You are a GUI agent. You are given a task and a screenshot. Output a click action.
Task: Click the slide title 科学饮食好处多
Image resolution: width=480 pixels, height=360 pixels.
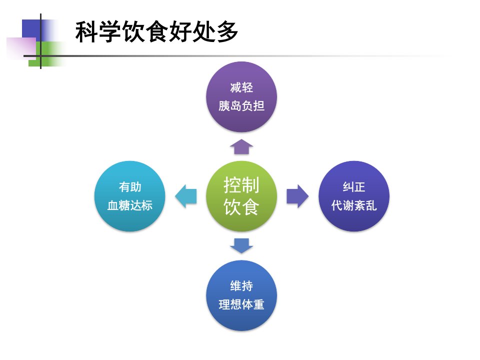pos(156,31)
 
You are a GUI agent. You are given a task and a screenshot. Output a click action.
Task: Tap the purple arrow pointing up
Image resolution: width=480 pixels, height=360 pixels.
pos(241,146)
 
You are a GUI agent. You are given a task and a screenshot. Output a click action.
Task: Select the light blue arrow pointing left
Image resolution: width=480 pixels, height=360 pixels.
pos(185,196)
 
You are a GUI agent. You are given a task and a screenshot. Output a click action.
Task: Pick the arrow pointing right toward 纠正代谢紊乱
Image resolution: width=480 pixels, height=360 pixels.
pos(297,196)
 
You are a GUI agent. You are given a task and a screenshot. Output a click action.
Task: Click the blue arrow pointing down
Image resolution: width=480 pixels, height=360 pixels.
pos(241,246)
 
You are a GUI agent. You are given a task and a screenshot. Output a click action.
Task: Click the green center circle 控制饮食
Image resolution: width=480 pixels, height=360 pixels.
pos(241,196)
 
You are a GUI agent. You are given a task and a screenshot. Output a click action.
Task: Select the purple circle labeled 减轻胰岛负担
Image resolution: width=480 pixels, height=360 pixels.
pos(241,96)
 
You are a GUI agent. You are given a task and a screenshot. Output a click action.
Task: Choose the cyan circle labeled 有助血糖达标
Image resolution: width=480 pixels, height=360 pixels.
pos(130,196)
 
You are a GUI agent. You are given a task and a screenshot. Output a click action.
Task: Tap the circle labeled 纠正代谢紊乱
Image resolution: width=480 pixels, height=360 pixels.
pos(354,196)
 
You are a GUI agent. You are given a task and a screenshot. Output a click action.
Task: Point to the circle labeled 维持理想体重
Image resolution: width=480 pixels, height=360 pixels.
pos(241,295)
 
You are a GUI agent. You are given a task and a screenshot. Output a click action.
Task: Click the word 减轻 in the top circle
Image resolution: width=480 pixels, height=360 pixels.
pos(241,87)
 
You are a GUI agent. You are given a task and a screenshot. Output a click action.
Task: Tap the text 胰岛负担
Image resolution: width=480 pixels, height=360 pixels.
pos(241,106)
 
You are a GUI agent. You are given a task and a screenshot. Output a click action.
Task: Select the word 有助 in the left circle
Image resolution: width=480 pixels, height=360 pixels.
pos(130,186)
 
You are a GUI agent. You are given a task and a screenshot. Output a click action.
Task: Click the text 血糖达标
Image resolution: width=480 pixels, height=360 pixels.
pos(130,205)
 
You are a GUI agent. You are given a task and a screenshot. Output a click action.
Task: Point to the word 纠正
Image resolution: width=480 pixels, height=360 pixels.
pos(354,186)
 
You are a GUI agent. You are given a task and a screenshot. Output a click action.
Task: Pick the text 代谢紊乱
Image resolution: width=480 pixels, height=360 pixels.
pos(354,205)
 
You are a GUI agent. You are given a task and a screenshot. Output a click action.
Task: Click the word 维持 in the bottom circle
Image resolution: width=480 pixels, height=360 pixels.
pos(241,286)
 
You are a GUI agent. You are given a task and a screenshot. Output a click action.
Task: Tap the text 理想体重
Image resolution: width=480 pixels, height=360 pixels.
pos(241,304)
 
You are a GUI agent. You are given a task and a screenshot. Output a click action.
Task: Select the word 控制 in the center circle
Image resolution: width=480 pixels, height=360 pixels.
pos(241,185)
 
